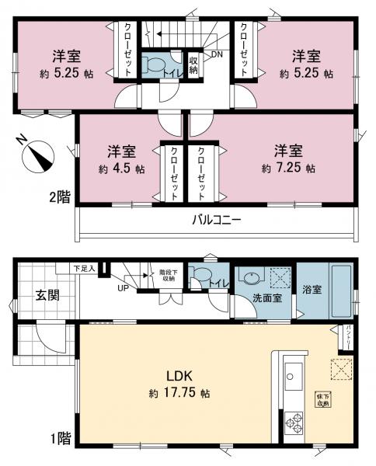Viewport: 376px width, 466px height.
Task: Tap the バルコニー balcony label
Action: pos(217,220)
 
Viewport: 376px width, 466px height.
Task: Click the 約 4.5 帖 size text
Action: pos(122,168)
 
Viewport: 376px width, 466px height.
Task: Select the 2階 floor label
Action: pos(58,197)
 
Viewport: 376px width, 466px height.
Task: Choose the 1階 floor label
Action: pos(59,439)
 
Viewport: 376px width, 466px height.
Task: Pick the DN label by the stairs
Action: pos(216,54)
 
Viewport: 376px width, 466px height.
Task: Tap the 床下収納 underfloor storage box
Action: pos(322,400)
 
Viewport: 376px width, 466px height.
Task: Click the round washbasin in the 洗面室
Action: pos(252,278)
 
